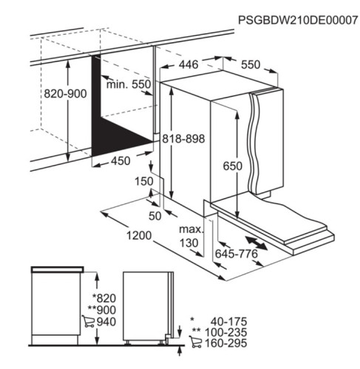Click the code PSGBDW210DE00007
tap(297, 20)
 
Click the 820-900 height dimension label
tap(65, 94)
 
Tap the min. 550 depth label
tap(129, 84)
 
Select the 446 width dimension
tap(189, 64)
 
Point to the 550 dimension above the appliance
tap(251, 64)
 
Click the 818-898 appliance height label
tap(183, 139)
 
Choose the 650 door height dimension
tap(233, 166)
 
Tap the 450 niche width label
tap(120, 161)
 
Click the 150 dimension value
tap(144, 181)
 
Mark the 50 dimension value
tap(155, 216)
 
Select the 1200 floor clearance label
tap(139, 236)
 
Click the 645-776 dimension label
tap(237, 254)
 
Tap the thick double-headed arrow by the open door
tap(257, 243)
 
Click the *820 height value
tap(103, 298)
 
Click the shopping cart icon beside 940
tap(88, 322)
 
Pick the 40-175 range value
tap(228, 322)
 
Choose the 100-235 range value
tap(225, 332)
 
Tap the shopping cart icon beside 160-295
tap(195, 342)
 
